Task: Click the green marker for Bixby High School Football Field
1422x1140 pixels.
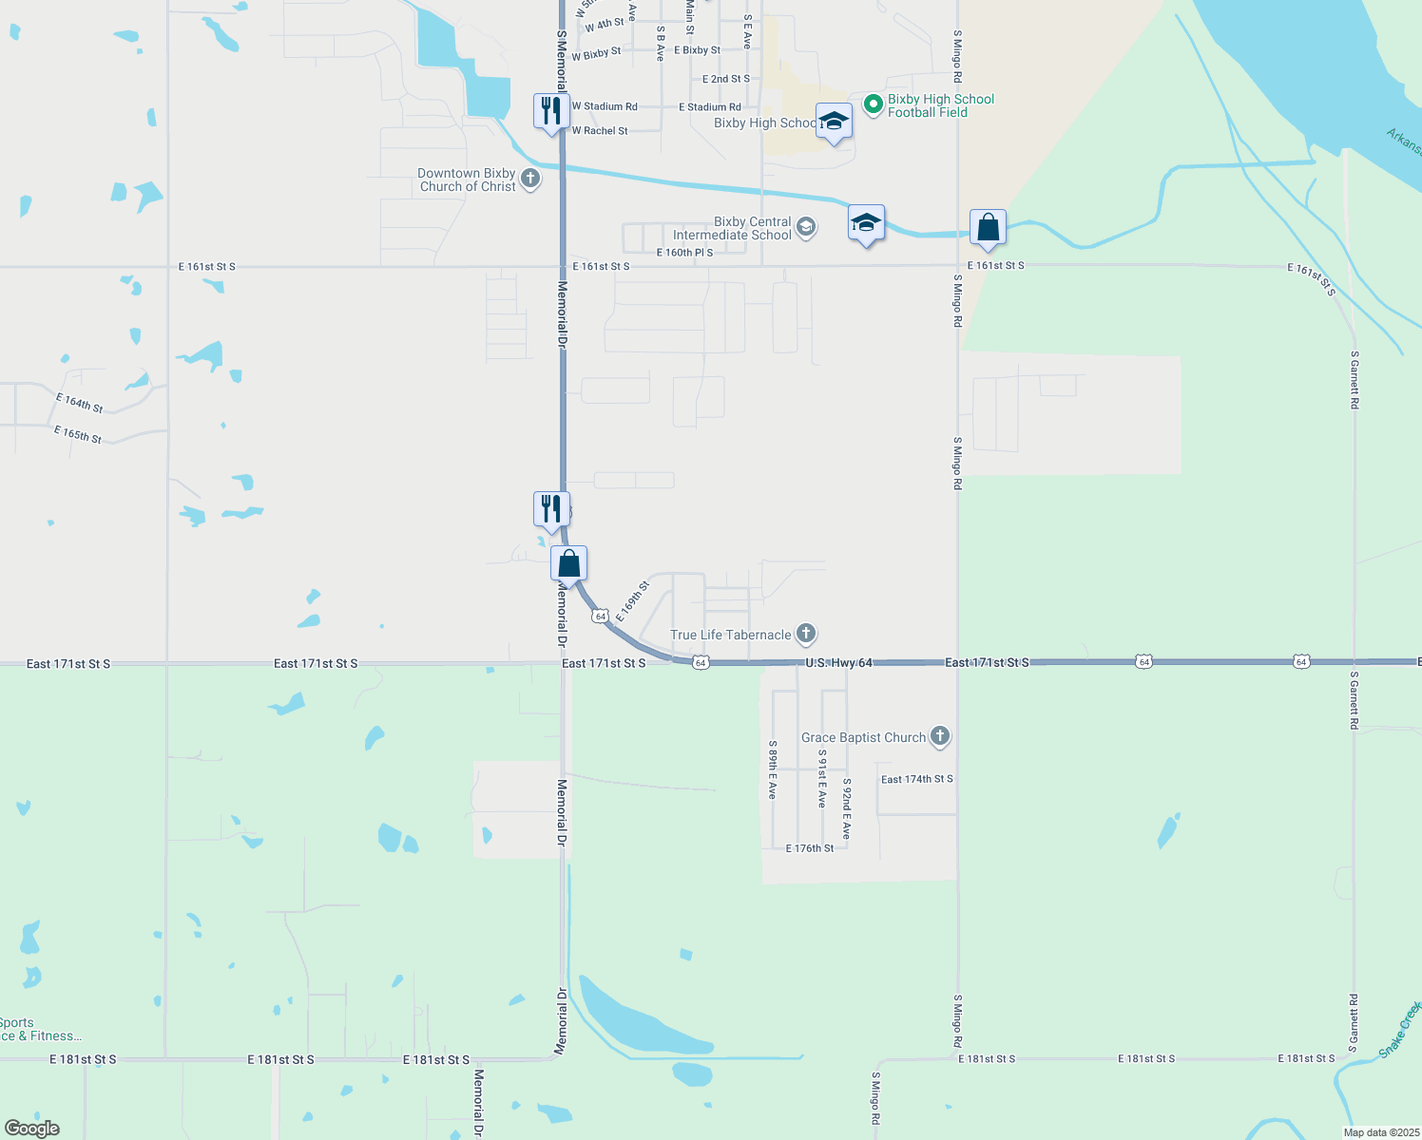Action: pos(873,104)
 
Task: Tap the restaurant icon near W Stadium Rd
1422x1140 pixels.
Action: pos(551,111)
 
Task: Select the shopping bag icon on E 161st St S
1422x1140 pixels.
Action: pos(988,228)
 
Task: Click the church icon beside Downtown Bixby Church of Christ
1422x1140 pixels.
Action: pos(530,178)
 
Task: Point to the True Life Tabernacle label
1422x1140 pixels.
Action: pos(731,635)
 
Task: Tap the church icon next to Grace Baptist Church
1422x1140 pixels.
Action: pos(939,735)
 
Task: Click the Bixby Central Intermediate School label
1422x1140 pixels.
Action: pos(732,228)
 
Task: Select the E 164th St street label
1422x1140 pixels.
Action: pos(80,403)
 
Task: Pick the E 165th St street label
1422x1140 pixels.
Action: pos(78,435)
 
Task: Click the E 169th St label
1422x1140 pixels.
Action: pos(632,601)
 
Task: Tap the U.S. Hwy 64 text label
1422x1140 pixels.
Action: pos(838,662)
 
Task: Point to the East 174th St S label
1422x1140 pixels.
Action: pos(916,779)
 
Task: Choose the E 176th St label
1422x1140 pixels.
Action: pos(810,848)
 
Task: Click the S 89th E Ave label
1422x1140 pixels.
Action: pos(774,769)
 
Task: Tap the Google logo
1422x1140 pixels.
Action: pos(32,1128)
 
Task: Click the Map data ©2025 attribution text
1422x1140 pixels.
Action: pos(1380,1132)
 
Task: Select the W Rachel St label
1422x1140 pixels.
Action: pos(600,131)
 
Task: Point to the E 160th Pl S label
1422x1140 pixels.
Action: pos(684,253)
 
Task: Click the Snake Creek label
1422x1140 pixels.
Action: pos(1399,1030)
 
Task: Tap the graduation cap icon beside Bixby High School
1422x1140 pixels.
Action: pos(834,122)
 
